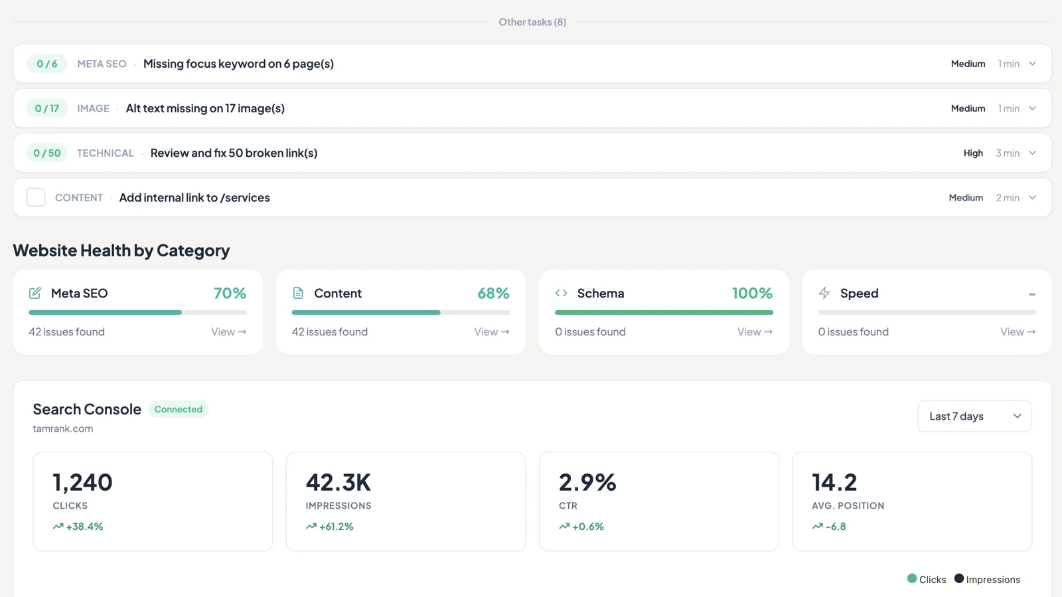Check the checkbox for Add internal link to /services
(36, 197)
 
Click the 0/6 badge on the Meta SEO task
(47, 64)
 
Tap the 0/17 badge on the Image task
(47, 108)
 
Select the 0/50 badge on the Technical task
(47, 153)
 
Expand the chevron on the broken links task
(1032, 153)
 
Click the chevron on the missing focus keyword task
(1032, 64)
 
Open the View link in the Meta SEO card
(228, 331)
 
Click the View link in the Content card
(492, 331)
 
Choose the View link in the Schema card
(755, 331)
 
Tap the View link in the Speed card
(1018, 331)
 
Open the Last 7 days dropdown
(974, 416)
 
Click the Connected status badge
(179, 409)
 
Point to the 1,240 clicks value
(82, 481)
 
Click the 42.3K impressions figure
(338, 481)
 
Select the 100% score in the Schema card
(753, 293)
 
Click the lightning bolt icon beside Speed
(824, 293)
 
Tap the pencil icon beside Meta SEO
(35, 293)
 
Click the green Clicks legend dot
(912, 578)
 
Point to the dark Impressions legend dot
(958, 578)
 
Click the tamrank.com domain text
(63, 428)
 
